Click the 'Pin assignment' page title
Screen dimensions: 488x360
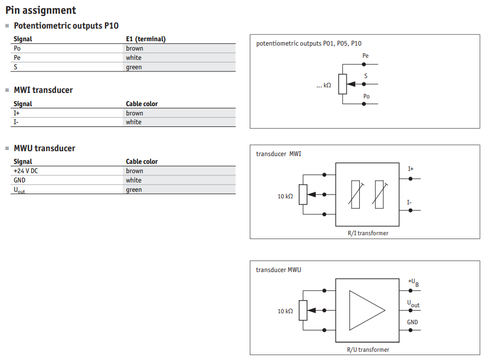41,10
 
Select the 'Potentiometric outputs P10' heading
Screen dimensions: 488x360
66,26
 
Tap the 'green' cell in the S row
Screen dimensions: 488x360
134,67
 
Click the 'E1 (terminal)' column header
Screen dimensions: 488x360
146,39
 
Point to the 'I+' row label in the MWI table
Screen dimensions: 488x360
17,113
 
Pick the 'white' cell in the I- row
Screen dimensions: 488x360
134,122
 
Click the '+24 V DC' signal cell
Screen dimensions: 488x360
25,171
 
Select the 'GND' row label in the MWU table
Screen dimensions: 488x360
19,180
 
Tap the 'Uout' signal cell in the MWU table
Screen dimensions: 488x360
19,190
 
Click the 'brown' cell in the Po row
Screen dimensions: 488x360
134,48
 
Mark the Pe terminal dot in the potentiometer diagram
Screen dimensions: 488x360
364,64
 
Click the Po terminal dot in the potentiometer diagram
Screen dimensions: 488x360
364,104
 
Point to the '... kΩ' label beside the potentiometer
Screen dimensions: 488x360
323,85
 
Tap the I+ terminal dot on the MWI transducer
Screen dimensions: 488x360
410,179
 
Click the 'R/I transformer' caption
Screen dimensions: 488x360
368,233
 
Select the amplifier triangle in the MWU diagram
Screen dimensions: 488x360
367,310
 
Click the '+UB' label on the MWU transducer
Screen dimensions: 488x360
413,283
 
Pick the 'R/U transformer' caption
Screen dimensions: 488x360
368,350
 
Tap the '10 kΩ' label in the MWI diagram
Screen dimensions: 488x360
285,196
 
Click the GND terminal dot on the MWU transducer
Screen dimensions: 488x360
410,330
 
